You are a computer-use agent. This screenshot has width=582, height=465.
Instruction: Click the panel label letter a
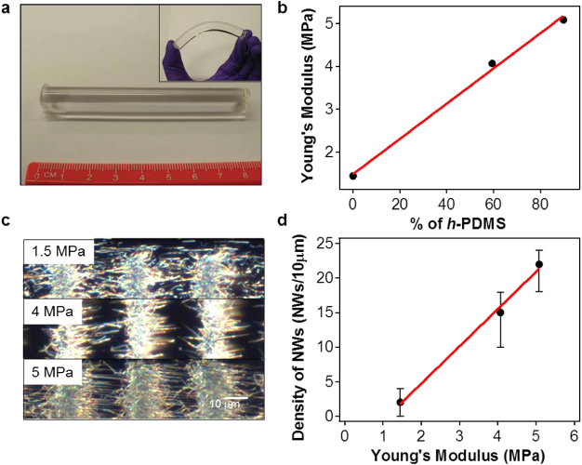(7, 9)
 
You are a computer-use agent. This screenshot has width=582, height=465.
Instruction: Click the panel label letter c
(7, 221)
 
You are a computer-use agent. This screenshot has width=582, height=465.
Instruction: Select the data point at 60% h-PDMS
(492, 63)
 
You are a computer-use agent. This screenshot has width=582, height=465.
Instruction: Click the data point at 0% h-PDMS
(353, 176)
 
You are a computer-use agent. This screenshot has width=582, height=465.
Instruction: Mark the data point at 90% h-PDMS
(562, 20)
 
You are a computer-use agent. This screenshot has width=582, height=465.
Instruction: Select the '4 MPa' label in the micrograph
(49, 313)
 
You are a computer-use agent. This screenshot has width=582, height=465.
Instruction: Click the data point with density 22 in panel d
(539, 264)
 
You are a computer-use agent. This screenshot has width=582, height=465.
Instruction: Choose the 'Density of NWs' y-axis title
(303, 332)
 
